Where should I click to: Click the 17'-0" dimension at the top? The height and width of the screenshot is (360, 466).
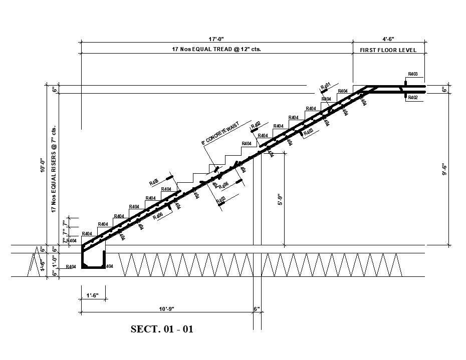(x=216, y=39)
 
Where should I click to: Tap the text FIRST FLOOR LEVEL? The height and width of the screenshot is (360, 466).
(x=388, y=50)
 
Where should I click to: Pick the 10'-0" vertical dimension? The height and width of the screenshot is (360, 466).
(x=44, y=165)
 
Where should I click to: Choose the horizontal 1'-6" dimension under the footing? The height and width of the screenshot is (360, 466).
(x=93, y=295)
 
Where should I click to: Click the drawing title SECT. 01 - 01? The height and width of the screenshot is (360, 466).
(x=162, y=329)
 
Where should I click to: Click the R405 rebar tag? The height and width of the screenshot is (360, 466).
(x=154, y=182)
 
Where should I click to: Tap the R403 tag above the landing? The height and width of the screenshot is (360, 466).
(x=412, y=74)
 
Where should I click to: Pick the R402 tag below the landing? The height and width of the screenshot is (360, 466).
(x=412, y=98)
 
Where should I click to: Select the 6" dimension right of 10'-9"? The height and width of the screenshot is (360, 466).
(x=257, y=309)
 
